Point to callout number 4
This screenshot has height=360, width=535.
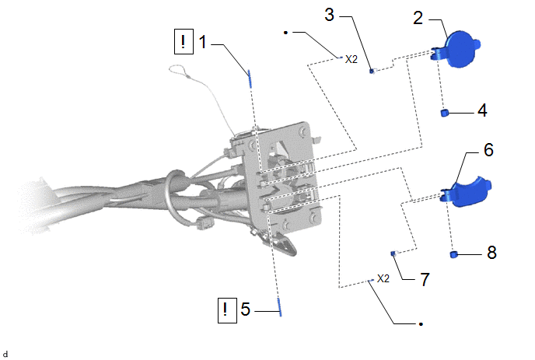[481, 110]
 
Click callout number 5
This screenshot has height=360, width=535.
[245, 309]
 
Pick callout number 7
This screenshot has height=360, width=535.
[425, 278]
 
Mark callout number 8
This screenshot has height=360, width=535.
[491, 253]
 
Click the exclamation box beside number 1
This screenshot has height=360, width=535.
[184, 41]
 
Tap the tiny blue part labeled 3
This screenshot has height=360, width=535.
[372, 71]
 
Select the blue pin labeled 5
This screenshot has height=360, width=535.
[278, 302]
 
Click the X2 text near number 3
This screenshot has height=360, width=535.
[351, 58]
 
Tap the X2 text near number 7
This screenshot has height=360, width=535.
[383, 278]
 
